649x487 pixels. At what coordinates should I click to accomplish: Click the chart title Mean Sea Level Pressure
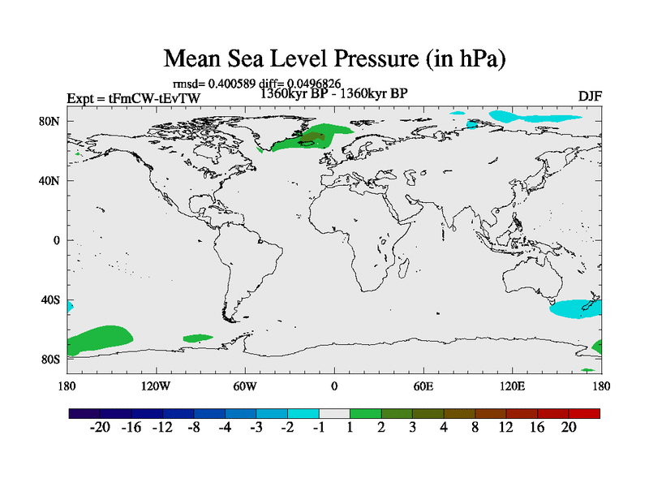pos(334,59)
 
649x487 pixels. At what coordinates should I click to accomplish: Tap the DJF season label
pos(589,97)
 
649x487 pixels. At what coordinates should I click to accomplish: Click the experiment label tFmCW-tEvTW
pos(133,99)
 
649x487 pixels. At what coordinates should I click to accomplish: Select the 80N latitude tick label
pos(50,122)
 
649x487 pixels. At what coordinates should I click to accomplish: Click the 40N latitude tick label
pos(50,181)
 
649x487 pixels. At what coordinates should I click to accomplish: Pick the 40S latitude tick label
pos(50,300)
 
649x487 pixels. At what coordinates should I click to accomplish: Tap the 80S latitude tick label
pos(50,360)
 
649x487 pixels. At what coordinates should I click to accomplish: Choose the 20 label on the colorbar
pos(569,429)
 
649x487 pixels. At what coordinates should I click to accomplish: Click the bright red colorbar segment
pos(584,413)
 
